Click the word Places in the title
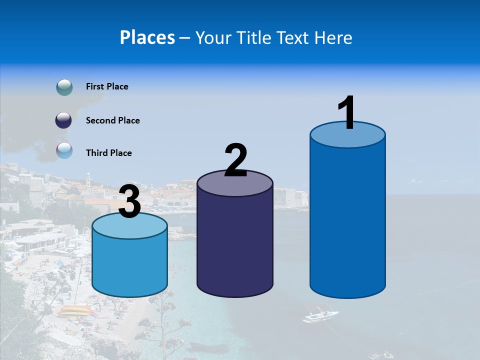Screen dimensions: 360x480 click(147, 37)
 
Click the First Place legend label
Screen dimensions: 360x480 click(107, 86)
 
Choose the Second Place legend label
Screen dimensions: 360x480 click(112, 120)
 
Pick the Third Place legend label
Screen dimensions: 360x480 click(108, 153)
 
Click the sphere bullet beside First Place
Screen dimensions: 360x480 click(64, 87)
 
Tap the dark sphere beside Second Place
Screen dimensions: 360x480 click(63, 120)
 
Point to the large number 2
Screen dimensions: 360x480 click(235, 160)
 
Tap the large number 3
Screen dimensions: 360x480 click(130, 202)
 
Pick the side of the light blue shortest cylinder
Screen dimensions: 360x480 click(130, 265)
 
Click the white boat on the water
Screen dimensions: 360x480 click(320, 316)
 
